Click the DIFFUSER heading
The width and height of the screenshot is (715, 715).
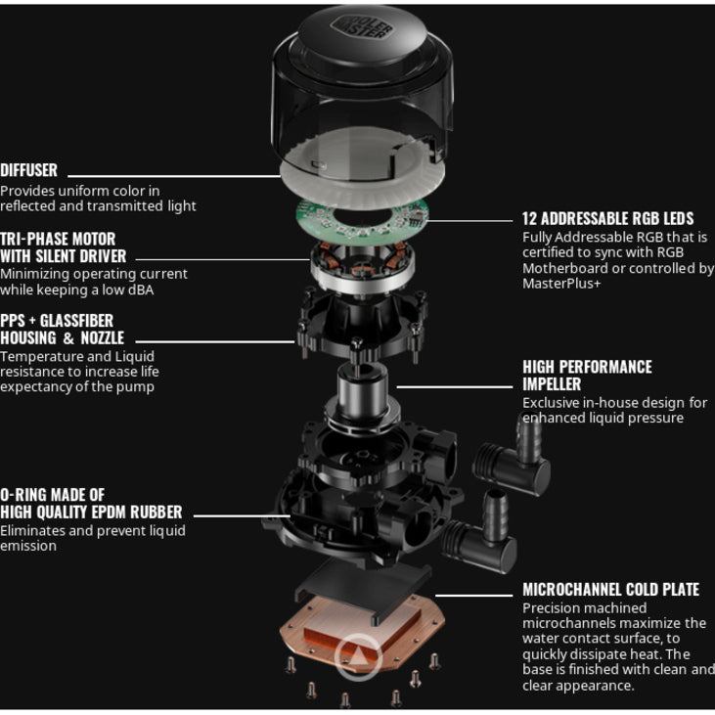pos(28,170)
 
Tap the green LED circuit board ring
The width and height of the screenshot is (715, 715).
pos(363,219)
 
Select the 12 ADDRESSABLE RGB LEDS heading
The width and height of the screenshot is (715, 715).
pos(607,218)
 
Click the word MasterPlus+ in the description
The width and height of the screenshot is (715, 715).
pos(561,284)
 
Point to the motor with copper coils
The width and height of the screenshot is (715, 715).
pos(363,266)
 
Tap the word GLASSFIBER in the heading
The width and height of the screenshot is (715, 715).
pos(76,321)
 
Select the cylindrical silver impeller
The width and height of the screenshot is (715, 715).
pos(363,397)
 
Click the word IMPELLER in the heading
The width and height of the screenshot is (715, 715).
pos(552,384)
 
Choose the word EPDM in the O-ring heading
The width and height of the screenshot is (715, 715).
pos(111,513)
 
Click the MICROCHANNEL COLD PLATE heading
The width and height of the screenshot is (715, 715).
pos(611,589)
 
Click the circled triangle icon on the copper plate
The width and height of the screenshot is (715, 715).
pos(358,656)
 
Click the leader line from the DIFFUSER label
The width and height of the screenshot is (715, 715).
pos(174,176)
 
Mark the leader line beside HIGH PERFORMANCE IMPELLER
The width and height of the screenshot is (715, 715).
pos(455,387)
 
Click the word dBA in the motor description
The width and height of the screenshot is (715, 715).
pos(141,290)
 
